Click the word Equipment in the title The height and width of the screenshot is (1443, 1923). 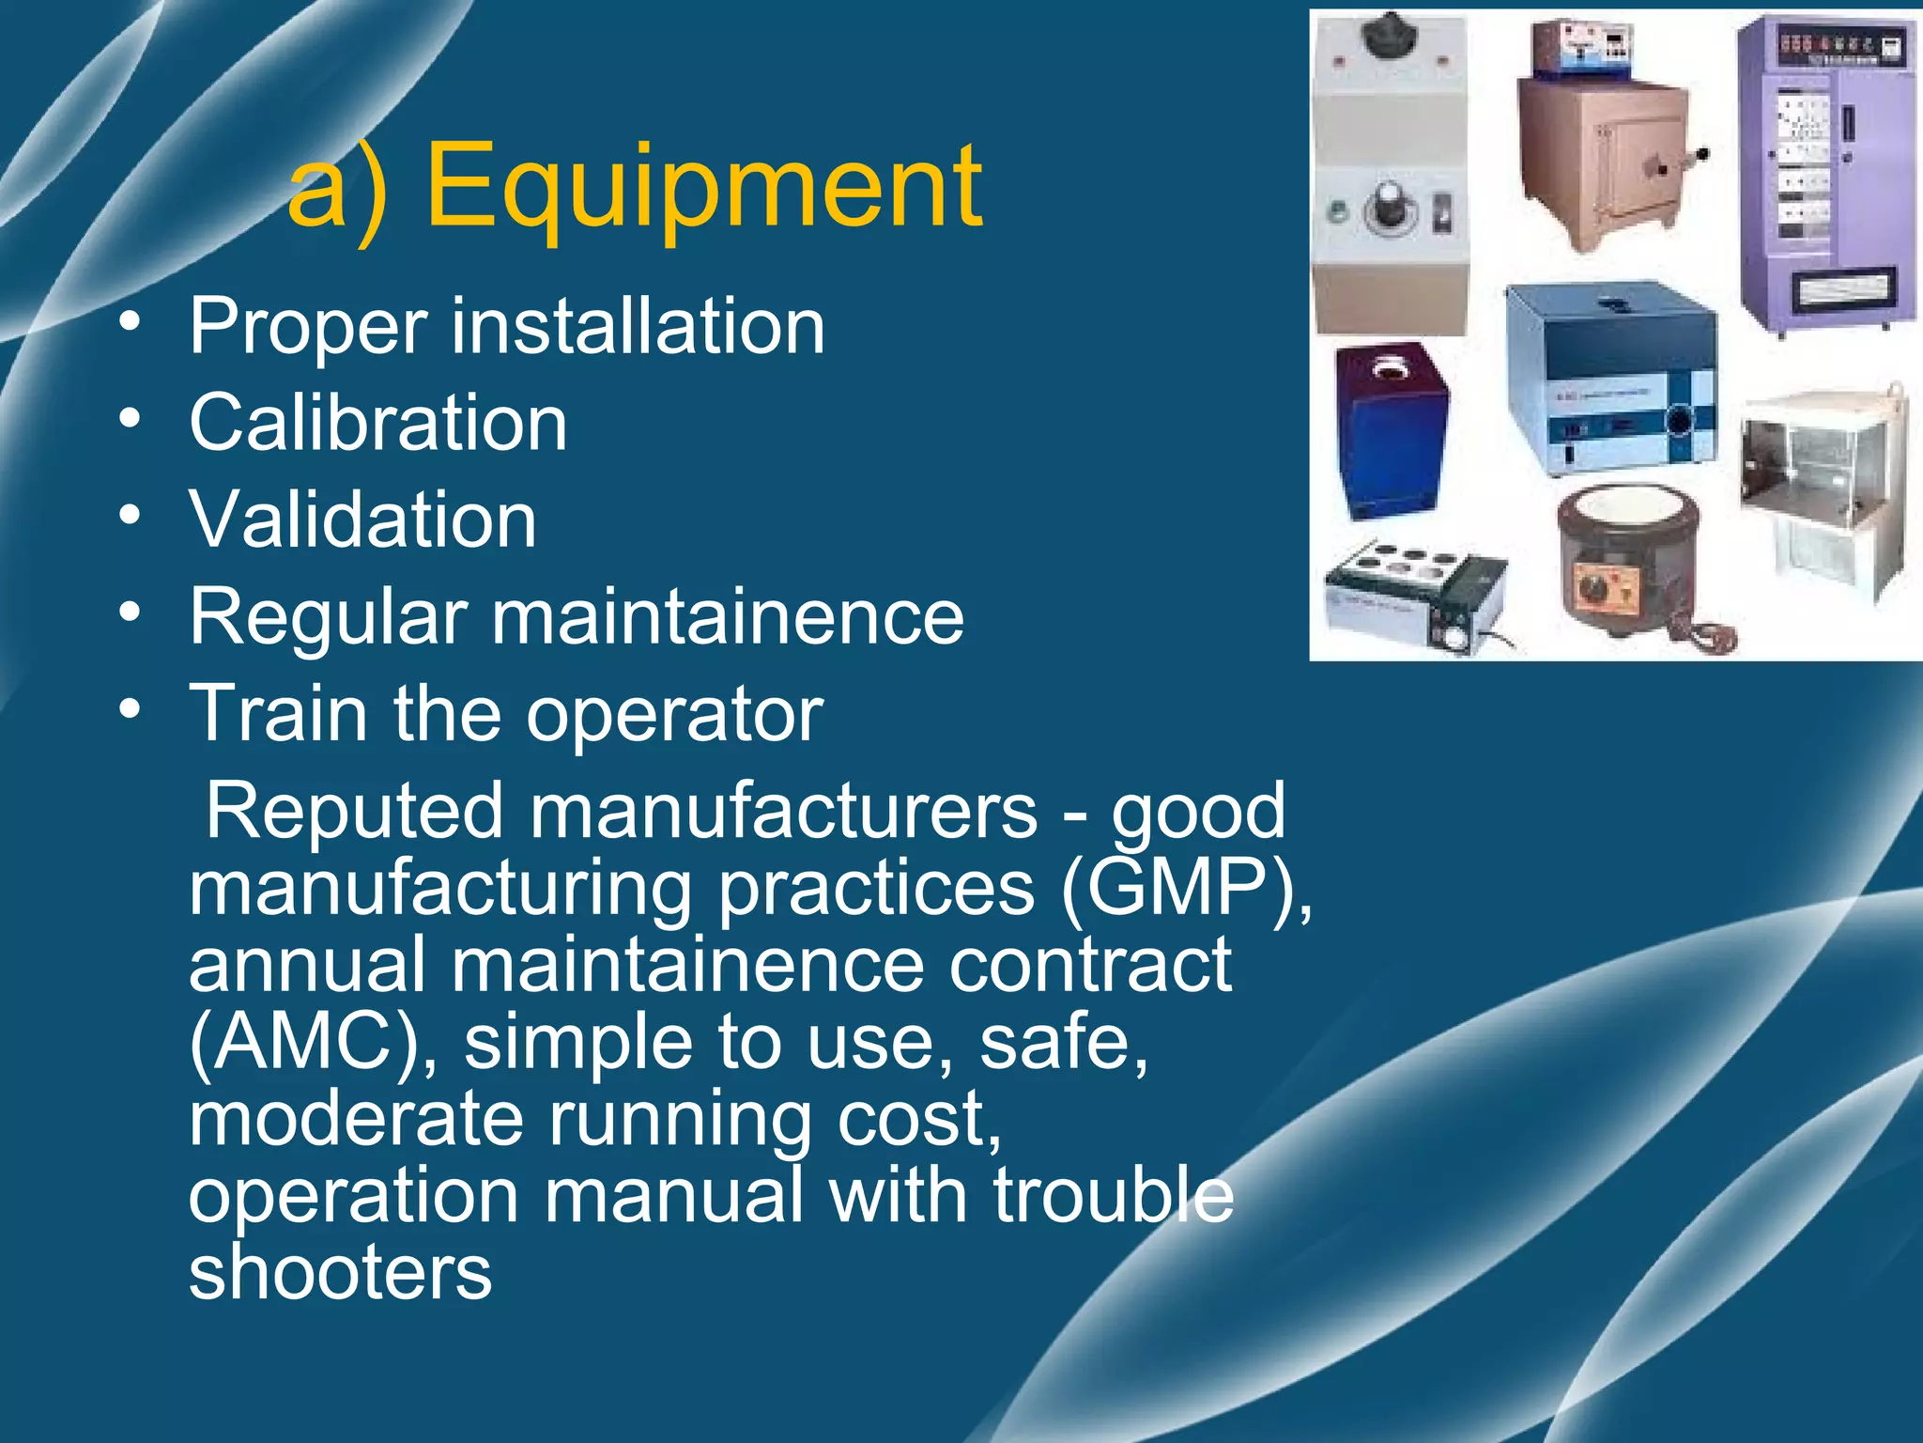(704, 188)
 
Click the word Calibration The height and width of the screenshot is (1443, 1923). (378, 423)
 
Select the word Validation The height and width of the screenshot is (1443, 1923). (363, 520)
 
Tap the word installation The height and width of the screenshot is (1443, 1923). (638, 326)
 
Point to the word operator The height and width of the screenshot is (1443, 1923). (674, 714)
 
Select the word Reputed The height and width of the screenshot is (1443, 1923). (355, 811)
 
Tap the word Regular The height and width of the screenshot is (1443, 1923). (328, 617)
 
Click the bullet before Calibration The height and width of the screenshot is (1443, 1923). (131, 417)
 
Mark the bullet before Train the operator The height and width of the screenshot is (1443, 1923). (131, 707)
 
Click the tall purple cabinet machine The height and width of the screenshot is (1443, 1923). (1825, 174)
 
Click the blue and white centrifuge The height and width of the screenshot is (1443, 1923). (1610, 376)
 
